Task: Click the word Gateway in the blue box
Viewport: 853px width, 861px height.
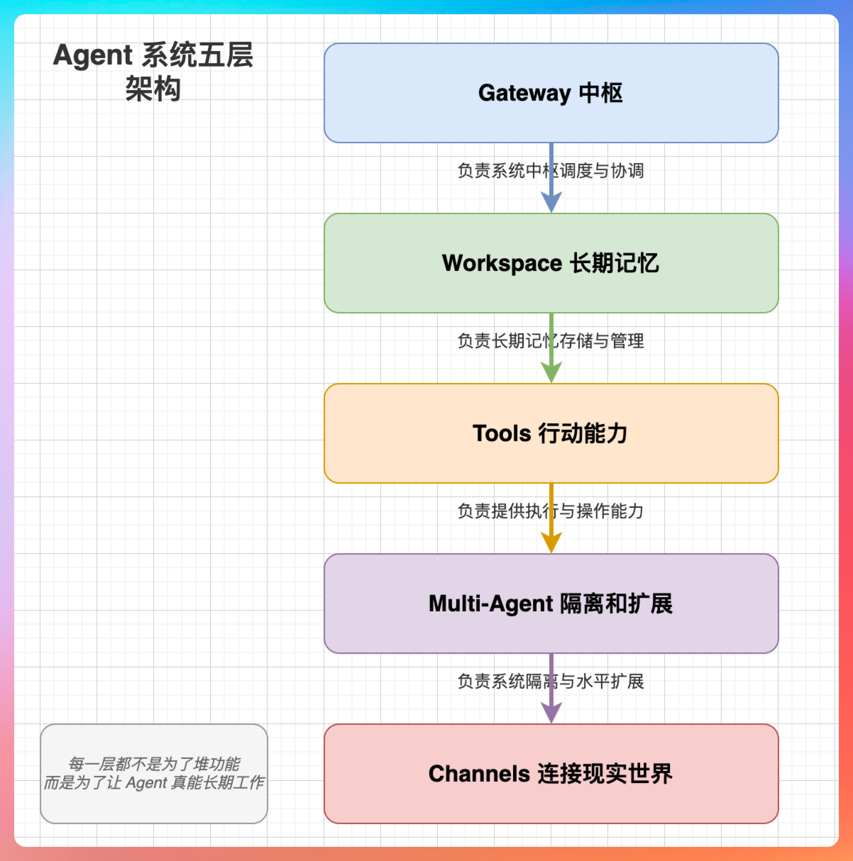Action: [524, 94]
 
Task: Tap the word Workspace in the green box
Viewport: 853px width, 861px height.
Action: [502, 263]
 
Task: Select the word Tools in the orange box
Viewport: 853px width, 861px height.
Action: [502, 434]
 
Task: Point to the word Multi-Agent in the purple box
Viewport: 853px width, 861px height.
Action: [490, 604]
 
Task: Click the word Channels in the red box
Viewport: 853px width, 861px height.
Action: [479, 774]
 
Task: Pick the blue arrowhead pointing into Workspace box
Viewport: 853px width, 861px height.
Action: [551, 201]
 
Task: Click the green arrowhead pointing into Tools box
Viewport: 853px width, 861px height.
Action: [551, 372]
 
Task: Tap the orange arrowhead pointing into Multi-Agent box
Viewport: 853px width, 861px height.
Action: [551, 542]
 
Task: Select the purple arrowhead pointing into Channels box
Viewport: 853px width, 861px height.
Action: [551, 712]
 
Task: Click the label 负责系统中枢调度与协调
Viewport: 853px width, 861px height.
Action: [551, 171]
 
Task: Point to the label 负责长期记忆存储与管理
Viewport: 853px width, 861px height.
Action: [551, 341]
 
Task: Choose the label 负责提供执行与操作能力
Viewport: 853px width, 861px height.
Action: [551, 511]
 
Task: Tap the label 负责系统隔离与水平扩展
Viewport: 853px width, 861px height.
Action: [551, 682]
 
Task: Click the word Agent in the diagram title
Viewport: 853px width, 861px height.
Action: [93, 55]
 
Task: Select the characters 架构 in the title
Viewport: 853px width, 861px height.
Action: [153, 89]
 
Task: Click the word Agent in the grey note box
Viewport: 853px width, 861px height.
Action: [146, 783]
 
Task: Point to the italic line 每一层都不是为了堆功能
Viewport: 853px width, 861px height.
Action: [154, 764]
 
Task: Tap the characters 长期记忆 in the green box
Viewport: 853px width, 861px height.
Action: [615, 263]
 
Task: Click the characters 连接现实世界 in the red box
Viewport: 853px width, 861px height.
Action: [605, 774]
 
